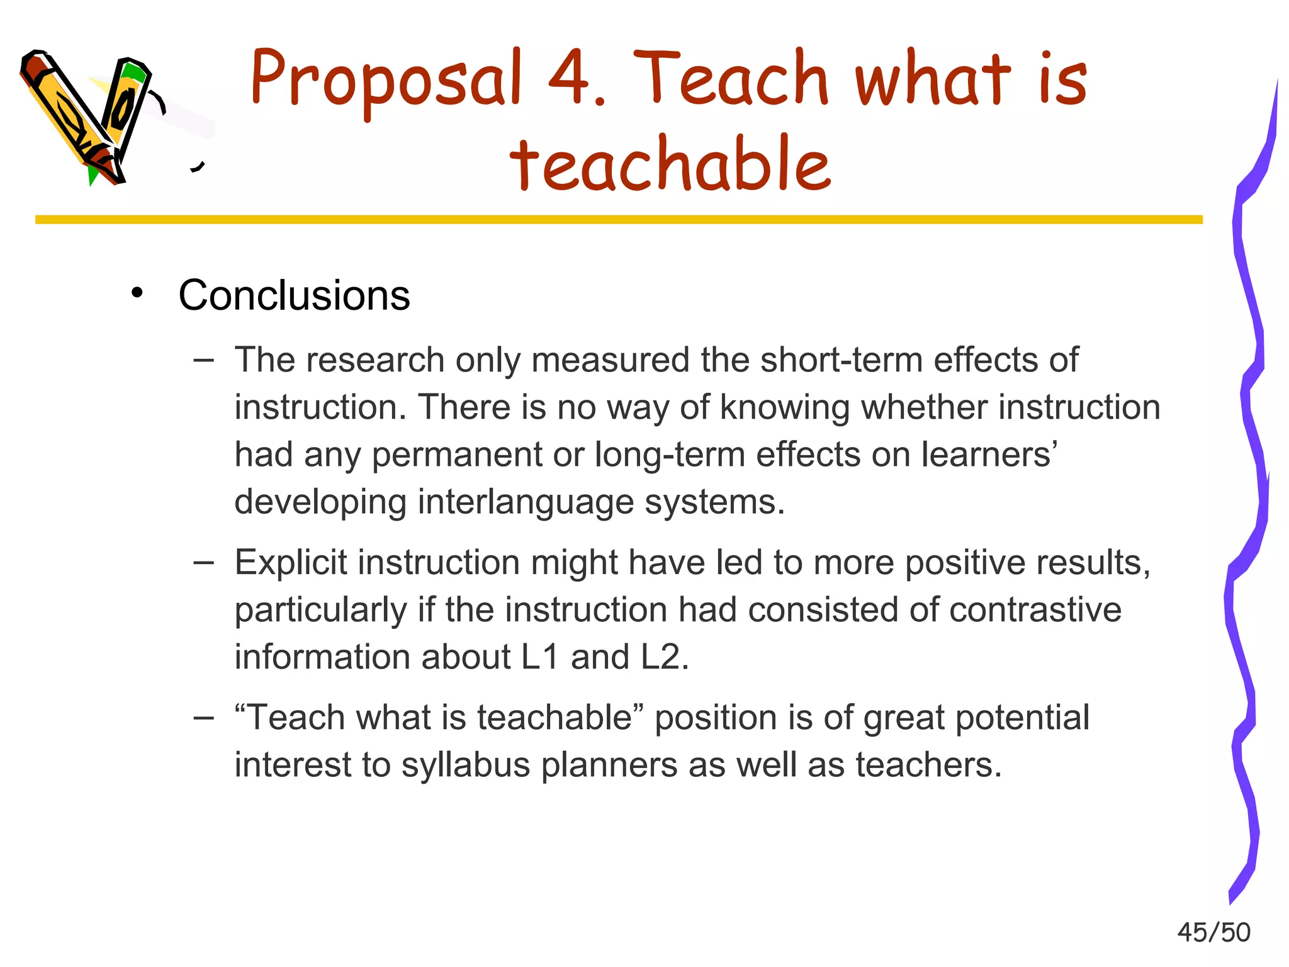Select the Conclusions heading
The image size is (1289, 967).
294,295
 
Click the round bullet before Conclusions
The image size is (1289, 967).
137,293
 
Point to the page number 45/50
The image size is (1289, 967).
1213,932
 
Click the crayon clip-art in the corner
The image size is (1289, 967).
88,116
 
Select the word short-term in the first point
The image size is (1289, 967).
842,360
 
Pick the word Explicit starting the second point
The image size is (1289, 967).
290,562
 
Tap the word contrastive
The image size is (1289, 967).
1035,610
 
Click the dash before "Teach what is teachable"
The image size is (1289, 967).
203,717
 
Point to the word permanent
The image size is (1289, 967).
456,455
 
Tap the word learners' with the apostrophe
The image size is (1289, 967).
989,455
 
